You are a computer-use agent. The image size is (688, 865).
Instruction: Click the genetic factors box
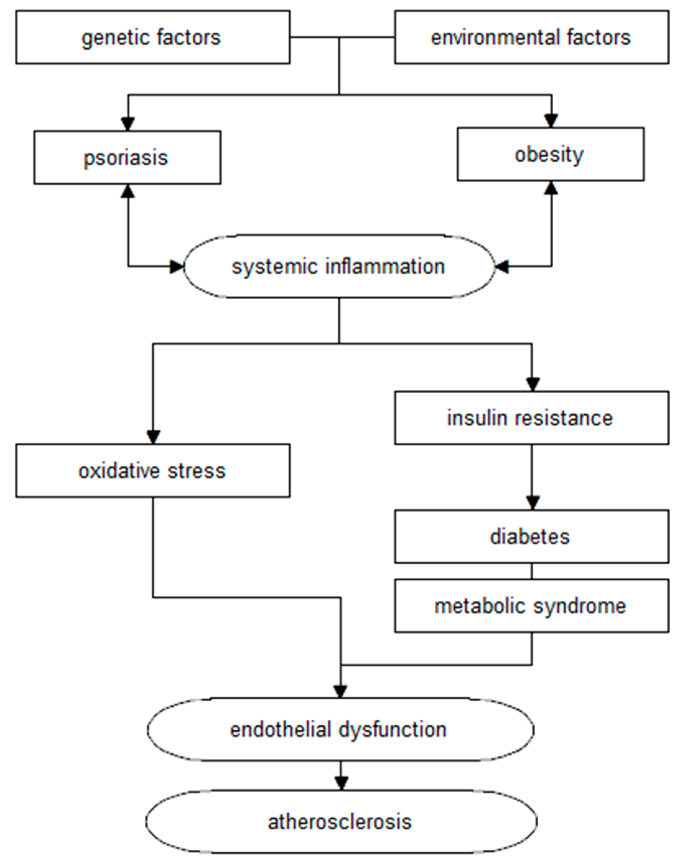[x=152, y=37]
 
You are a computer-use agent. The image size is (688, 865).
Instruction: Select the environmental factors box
[x=531, y=37]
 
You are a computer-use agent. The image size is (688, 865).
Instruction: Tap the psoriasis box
[x=127, y=157]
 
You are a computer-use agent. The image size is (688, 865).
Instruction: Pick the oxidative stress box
[x=152, y=471]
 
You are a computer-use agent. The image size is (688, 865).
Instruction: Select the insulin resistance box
[x=531, y=418]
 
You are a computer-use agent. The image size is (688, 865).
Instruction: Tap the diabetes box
[x=531, y=536]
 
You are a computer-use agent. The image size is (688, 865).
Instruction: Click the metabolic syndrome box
[x=531, y=606]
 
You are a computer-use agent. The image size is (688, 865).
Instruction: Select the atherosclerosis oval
[x=340, y=822]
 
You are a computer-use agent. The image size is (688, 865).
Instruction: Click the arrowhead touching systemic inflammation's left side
[x=176, y=266]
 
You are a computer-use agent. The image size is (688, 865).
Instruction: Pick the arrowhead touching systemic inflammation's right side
[x=502, y=266]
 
